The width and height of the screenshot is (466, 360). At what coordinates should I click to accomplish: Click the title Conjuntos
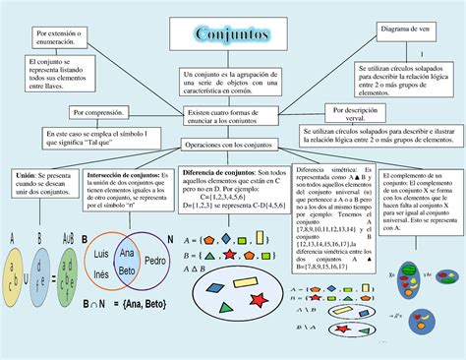click(233, 33)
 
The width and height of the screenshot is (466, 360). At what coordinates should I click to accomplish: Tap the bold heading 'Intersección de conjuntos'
click(127, 175)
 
